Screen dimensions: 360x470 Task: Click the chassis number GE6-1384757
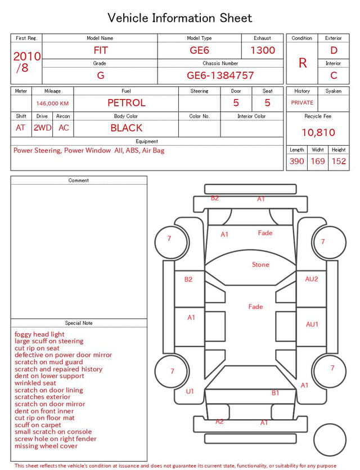[220, 75]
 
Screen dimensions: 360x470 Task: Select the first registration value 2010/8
[26, 62]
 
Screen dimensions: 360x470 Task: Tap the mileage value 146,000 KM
[52, 104]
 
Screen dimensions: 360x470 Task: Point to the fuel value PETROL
[127, 103]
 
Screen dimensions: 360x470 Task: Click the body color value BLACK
[127, 128]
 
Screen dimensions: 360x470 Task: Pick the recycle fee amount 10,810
[318, 132]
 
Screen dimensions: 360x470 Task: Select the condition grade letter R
[303, 63]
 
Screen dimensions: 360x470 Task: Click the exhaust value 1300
[263, 50]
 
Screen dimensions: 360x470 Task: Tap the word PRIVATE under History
[302, 102]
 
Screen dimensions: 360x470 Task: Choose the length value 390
[297, 161]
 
